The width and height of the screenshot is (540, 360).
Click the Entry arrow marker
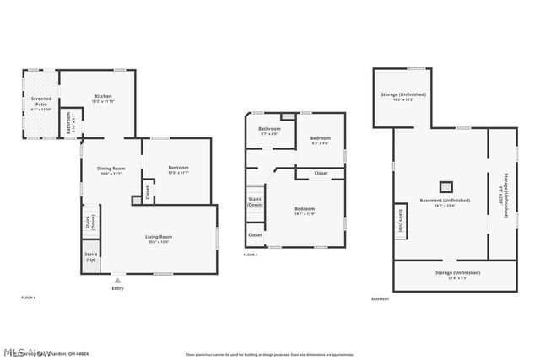(117, 280)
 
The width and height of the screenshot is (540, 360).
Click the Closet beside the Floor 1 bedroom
(148, 192)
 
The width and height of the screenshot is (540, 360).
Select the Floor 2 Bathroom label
(269, 131)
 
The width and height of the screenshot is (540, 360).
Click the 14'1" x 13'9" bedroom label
(304, 210)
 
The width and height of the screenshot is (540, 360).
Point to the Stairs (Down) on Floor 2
(255, 202)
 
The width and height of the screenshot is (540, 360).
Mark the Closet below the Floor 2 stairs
(255, 235)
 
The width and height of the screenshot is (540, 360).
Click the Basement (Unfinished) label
(445, 202)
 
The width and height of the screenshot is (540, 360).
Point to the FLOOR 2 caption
(251, 255)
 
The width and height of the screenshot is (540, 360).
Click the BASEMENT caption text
(381, 299)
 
